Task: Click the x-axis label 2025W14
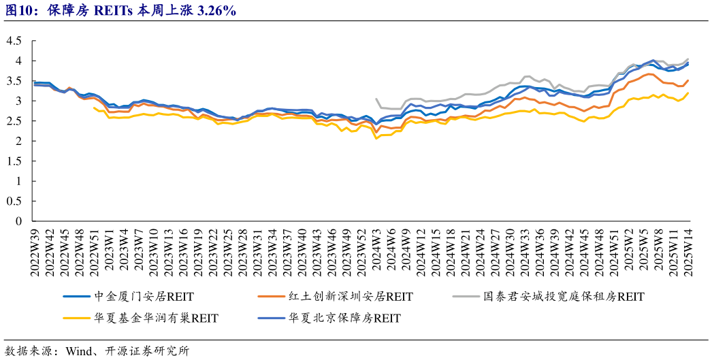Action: [688, 252]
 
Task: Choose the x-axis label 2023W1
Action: [109, 250]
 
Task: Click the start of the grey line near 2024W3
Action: [377, 99]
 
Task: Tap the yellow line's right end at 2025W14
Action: [688, 93]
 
